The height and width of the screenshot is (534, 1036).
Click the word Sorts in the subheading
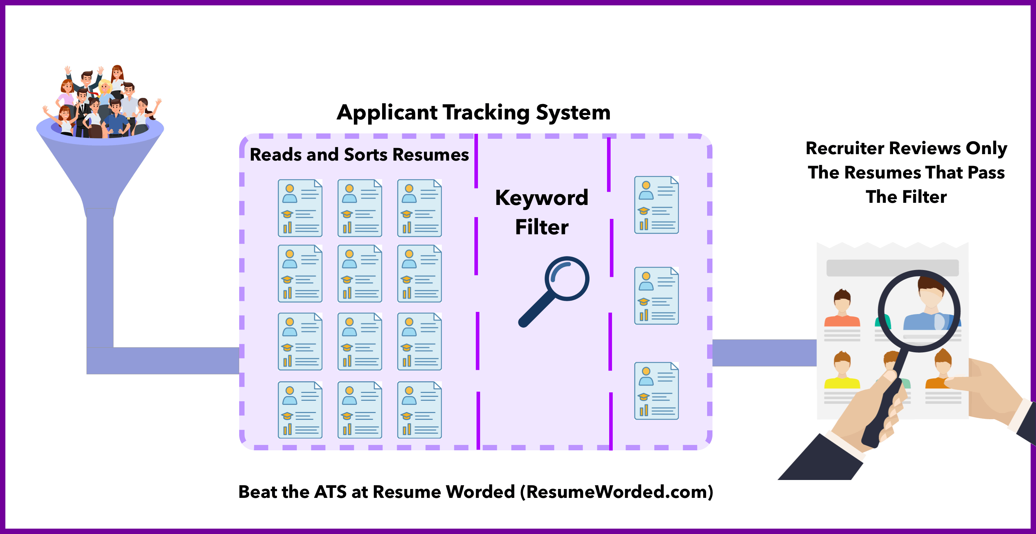(x=366, y=155)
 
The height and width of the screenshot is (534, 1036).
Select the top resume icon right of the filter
(x=656, y=205)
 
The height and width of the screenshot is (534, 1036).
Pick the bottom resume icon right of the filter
(x=656, y=391)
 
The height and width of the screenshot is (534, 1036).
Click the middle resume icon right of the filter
(x=656, y=296)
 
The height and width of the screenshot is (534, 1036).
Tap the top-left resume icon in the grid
(x=300, y=208)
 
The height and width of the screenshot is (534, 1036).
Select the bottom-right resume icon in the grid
(x=419, y=410)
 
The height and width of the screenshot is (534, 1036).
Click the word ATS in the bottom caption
(x=330, y=492)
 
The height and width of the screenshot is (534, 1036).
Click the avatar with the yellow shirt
(x=842, y=370)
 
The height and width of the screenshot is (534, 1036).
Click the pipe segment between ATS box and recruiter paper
(x=764, y=353)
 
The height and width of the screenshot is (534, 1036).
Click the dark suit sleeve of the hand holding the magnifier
(x=820, y=459)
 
